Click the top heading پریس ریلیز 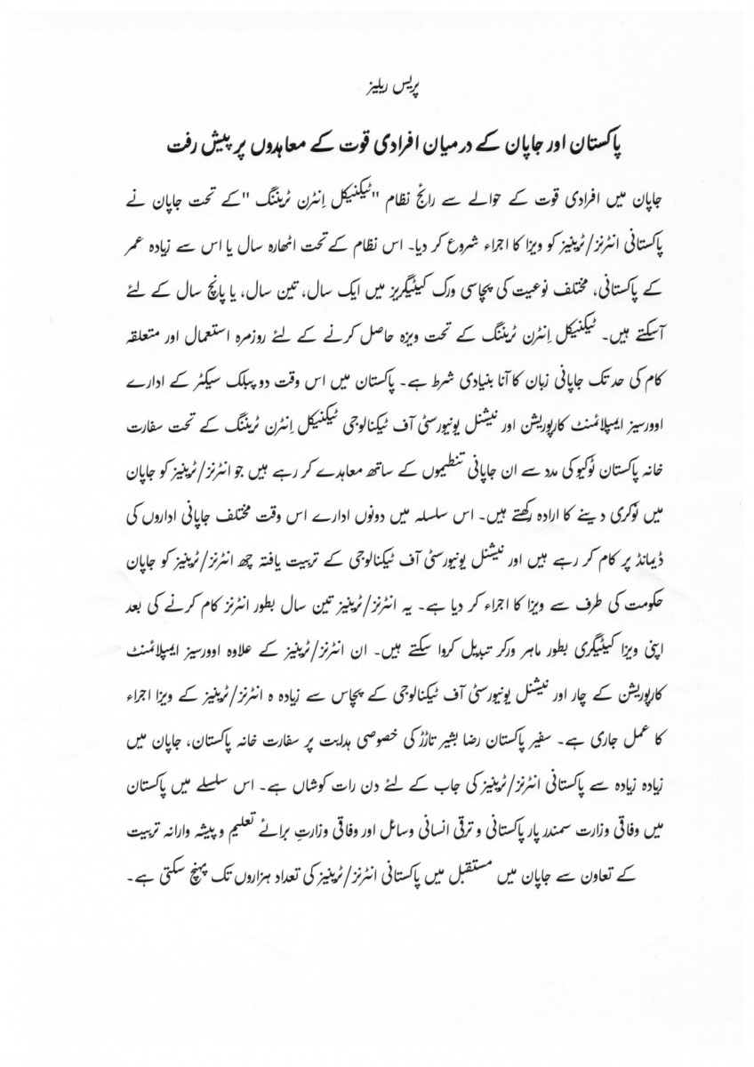(x=376, y=92)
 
